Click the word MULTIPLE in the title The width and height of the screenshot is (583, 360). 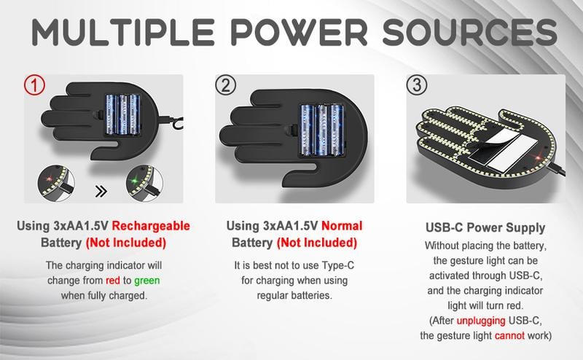point(123,31)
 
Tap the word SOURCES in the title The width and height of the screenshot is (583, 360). point(469,31)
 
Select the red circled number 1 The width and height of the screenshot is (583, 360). point(34,85)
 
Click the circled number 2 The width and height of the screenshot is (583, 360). point(226,85)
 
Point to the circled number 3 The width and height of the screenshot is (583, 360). point(416,85)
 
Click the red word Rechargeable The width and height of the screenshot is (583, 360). point(151,226)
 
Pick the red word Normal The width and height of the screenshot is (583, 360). point(342,226)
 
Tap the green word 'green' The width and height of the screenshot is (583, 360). point(147,281)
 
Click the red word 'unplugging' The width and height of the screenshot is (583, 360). point(481,321)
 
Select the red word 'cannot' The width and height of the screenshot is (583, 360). point(509,335)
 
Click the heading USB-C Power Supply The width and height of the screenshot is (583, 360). point(485,227)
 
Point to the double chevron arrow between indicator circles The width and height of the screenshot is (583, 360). point(101,192)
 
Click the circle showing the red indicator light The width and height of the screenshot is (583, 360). point(56,184)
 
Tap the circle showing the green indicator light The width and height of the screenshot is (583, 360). point(144,184)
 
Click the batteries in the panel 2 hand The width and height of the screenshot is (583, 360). point(321,130)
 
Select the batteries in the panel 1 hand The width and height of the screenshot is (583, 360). point(122,114)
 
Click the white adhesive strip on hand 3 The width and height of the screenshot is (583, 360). point(512,152)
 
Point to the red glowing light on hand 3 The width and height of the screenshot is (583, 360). point(536,155)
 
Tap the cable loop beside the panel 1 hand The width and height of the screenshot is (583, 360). point(178,122)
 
